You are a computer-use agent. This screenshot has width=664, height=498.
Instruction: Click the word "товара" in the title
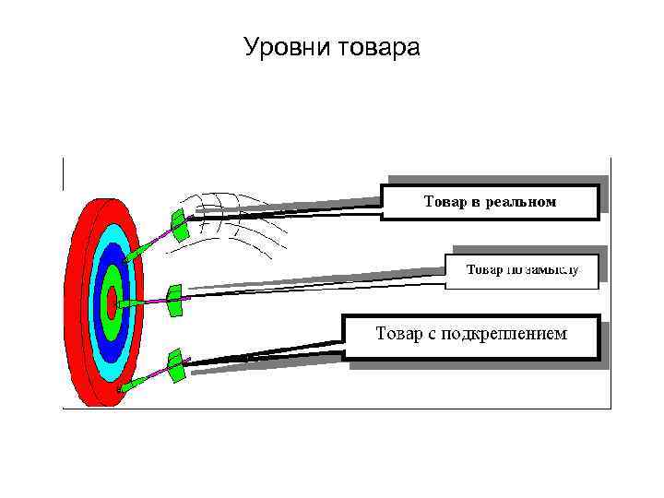pos(376,46)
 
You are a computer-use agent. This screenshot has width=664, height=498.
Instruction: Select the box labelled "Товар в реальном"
pos(490,201)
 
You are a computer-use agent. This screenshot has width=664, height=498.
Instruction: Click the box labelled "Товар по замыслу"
pos(522,270)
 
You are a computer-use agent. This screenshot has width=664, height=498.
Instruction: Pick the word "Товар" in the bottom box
pos(399,332)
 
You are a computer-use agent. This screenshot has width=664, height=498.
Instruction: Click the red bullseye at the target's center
pos(111,301)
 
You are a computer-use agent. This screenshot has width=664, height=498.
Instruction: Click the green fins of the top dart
pos(179,224)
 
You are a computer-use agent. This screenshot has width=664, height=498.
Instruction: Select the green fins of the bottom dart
pos(173,365)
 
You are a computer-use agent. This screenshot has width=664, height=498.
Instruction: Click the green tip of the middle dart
pos(130,301)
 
